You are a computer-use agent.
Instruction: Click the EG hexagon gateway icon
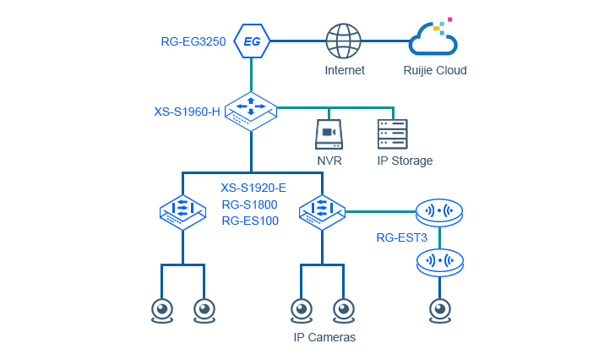(x=252, y=41)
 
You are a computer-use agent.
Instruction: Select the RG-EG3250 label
(x=193, y=41)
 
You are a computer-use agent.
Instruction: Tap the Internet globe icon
(x=344, y=41)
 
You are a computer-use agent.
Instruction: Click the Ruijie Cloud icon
(x=433, y=39)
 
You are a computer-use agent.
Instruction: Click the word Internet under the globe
(x=345, y=70)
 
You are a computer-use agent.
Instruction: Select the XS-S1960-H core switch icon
(x=251, y=110)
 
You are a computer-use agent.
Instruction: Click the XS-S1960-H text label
(x=187, y=111)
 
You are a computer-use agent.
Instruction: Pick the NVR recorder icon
(x=329, y=134)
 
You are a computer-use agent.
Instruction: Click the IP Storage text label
(x=405, y=161)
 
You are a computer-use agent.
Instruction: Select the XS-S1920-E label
(x=253, y=188)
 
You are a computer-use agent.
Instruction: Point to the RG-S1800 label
(x=249, y=205)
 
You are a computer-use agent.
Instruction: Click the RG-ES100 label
(x=250, y=221)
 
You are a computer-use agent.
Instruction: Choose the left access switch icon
(x=182, y=211)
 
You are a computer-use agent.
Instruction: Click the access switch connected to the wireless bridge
(x=322, y=211)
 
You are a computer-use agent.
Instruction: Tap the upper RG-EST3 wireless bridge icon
(x=440, y=212)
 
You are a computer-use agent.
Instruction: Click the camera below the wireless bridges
(x=439, y=310)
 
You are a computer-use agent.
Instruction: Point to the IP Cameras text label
(x=324, y=337)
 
